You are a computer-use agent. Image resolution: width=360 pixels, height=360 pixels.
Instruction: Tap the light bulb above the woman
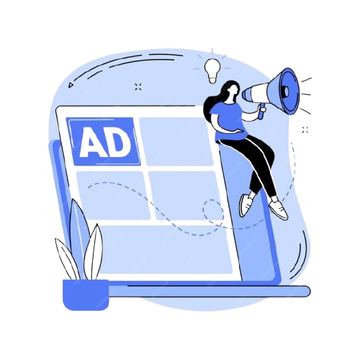click(212, 71)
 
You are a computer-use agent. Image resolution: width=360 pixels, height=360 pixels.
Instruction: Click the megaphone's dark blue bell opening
click(290, 91)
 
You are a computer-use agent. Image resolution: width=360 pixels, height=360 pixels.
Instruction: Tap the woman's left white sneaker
click(246, 204)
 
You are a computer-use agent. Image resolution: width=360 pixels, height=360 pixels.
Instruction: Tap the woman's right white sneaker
click(279, 210)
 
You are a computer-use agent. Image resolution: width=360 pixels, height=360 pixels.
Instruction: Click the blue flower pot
click(86, 294)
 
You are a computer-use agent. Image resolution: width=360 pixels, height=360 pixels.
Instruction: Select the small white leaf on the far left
click(67, 258)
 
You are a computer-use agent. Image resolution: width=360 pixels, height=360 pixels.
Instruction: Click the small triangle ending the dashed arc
click(71, 85)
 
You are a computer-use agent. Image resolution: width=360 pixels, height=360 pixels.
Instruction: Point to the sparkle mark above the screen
click(138, 86)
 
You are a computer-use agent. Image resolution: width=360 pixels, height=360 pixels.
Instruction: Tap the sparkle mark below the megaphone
click(305, 130)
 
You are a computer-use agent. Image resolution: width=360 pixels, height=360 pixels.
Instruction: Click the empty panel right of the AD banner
click(176, 142)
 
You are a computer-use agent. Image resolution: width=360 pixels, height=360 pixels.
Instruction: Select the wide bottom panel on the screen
click(165, 250)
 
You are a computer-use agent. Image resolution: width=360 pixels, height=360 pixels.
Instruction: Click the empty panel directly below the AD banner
click(113, 195)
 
